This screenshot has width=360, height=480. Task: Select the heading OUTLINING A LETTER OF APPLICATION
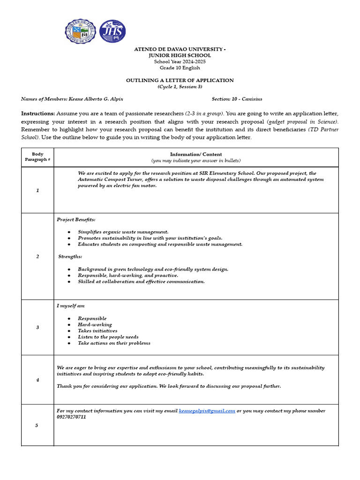point(180,80)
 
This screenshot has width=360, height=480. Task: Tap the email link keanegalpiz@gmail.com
point(207,411)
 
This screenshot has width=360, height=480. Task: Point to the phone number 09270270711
point(71,417)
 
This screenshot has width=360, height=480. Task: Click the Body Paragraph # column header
point(37,157)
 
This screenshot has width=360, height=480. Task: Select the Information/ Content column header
point(196,154)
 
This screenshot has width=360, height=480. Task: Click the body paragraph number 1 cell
point(37,190)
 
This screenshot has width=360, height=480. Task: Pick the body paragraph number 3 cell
point(37,327)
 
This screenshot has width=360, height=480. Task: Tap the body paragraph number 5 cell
point(37,425)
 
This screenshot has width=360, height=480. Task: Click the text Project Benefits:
point(76,219)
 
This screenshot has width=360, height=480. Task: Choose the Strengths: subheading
point(70,256)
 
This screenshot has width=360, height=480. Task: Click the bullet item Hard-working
point(95,324)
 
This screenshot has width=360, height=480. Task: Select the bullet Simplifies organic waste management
point(123,232)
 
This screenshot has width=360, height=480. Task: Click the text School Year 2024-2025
point(180,62)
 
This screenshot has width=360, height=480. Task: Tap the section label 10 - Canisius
point(247,99)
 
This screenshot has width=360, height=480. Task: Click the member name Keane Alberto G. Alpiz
point(96,99)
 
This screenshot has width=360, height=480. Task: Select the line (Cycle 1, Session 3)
point(180,87)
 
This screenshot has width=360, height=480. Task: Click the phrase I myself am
point(71,306)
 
